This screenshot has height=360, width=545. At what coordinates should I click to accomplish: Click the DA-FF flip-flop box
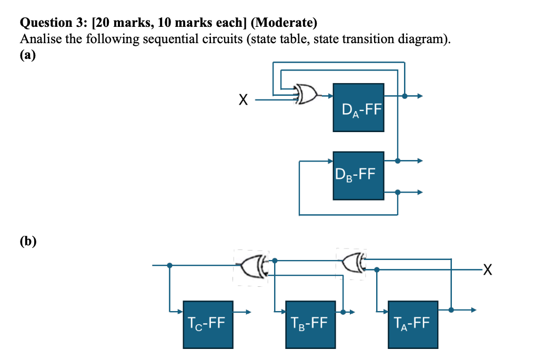pyautogui.click(x=358, y=108)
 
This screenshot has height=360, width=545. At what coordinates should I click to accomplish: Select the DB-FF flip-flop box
pyautogui.click(x=358, y=175)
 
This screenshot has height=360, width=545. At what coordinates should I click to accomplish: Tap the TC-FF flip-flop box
pyautogui.click(x=208, y=324)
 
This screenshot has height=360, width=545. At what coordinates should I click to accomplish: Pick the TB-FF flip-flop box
pyautogui.click(x=310, y=324)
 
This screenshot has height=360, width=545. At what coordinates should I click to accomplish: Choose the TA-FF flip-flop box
pyautogui.click(x=412, y=324)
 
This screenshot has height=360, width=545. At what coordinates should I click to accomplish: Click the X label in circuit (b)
pyautogui.click(x=488, y=271)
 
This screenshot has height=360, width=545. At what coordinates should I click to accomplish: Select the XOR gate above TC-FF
pyautogui.click(x=253, y=265)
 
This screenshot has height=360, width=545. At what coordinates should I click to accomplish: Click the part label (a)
pyautogui.click(x=27, y=55)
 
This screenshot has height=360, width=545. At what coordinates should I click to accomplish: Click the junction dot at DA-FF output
pyautogui.click(x=404, y=96)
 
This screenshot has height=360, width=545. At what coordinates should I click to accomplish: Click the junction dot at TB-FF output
pyautogui.click(x=344, y=312)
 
